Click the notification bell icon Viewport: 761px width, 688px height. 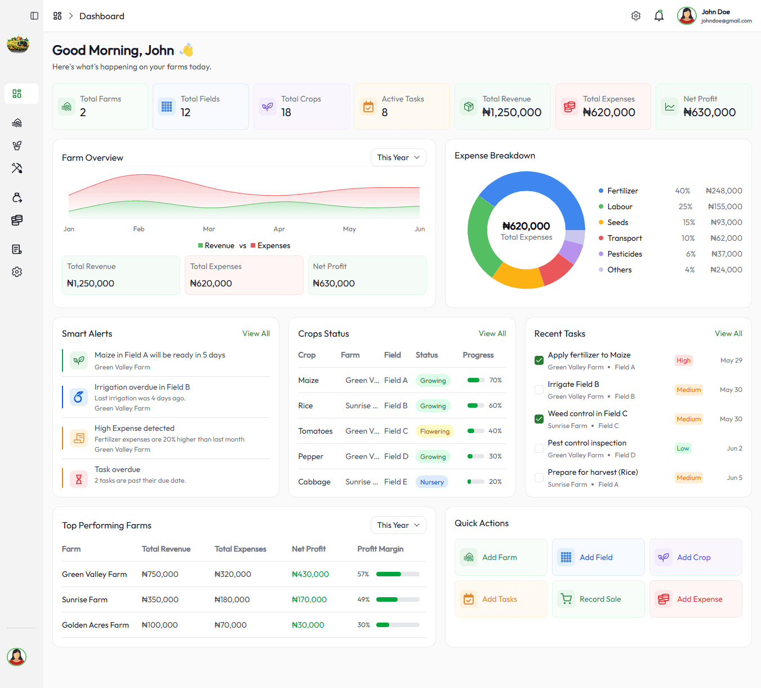(659, 16)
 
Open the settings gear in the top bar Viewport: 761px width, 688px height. (636, 16)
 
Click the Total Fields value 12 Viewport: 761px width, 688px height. (185, 112)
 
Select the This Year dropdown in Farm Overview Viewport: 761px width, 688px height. (398, 157)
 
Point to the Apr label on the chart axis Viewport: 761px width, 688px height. (279, 229)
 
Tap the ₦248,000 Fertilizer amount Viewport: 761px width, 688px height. (724, 191)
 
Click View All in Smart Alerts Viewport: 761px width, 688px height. (256, 333)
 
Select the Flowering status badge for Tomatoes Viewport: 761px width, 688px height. (434, 431)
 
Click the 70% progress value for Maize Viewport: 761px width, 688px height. (495, 380)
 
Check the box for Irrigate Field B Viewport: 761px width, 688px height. (539, 390)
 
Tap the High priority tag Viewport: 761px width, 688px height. (684, 360)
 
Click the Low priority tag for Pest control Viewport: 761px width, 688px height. (683, 448)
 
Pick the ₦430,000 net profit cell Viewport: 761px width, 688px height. (310, 574)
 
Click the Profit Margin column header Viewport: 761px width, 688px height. (380, 549)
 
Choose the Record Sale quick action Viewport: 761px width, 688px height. (598, 599)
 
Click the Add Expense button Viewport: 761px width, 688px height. (695, 599)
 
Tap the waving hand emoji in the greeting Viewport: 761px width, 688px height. (186, 50)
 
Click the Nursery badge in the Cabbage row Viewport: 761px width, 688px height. (431, 482)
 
